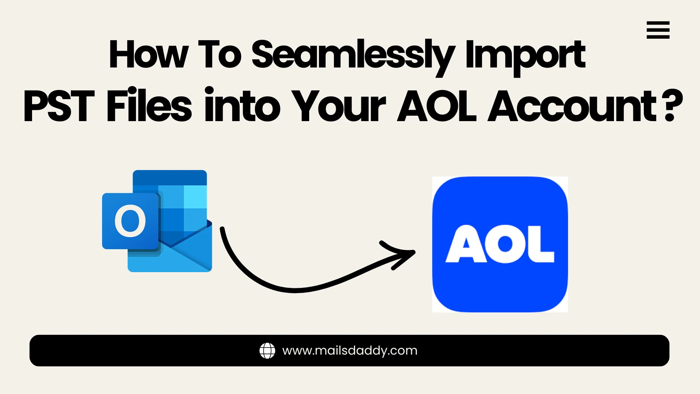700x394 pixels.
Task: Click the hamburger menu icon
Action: pos(658,30)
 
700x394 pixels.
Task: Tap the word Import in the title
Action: pos(525,55)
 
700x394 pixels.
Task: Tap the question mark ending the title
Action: pos(673,106)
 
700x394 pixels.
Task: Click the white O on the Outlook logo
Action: pos(130,221)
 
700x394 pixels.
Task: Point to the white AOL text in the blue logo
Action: pos(500,244)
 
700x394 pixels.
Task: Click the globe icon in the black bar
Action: pos(267,351)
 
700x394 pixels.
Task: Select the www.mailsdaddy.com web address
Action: pos(350,351)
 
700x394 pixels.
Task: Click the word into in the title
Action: pos(242,106)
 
